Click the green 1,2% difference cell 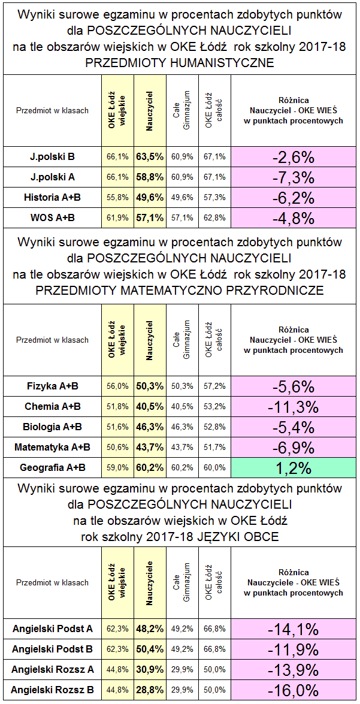(x=293, y=467)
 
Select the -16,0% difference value (x=293, y=690)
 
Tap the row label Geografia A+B (x=53, y=467)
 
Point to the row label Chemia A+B (x=53, y=406)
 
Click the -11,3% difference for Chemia (x=293, y=406)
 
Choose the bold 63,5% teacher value (x=149, y=157)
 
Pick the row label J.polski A (x=53, y=177)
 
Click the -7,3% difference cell (x=293, y=177)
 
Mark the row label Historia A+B (x=53, y=197)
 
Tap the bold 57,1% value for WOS (x=149, y=217)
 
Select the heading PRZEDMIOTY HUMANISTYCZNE (x=180, y=62)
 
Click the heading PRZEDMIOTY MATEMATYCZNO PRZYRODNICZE (x=180, y=291)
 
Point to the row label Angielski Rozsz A (x=53, y=669)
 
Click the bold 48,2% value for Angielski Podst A (x=149, y=629)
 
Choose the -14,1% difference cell (x=293, y=629)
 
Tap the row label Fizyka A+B (x=53, y=386)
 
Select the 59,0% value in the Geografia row (x=117, y=467)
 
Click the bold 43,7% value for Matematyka (x=149, y=447)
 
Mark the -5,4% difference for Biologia (x=293, y=427)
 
